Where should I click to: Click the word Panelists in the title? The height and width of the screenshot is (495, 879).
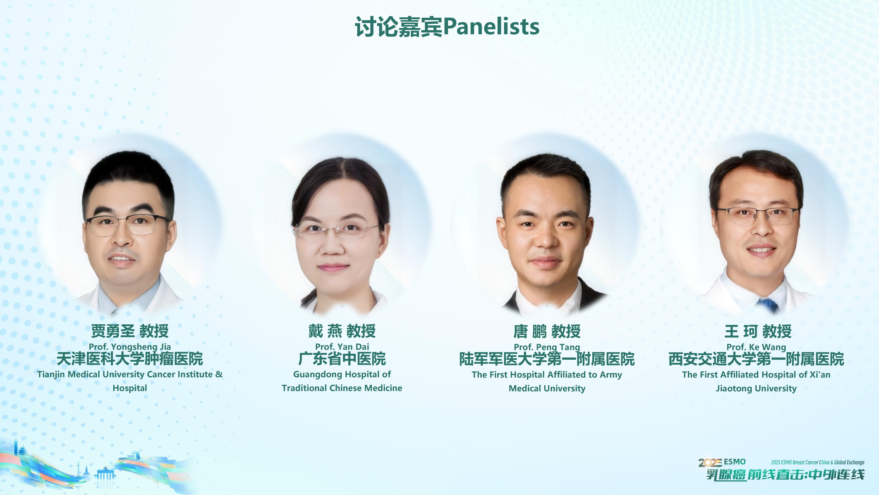click(x=491, y=27)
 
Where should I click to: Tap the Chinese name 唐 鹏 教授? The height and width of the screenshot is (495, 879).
click(x=547, y=331)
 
